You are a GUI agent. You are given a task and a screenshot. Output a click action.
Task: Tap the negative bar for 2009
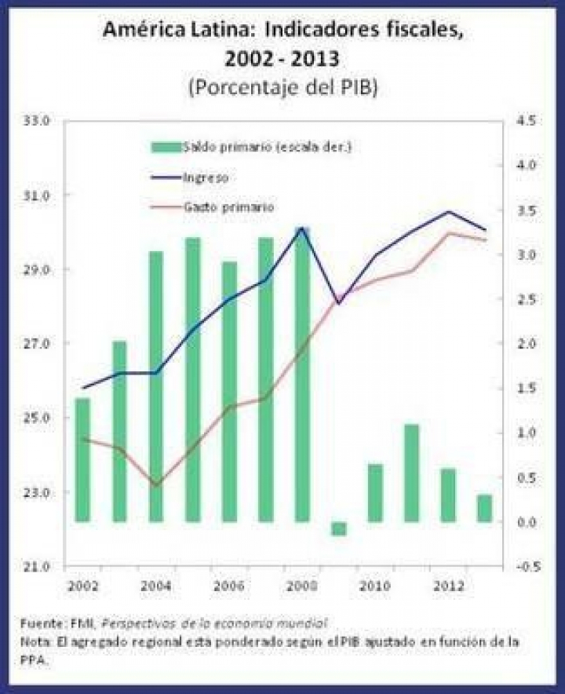(x=339, y=528)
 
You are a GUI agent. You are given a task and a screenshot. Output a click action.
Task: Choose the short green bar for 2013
(x=484, y=508)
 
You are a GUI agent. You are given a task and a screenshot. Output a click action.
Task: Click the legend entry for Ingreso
(x=205, y=177)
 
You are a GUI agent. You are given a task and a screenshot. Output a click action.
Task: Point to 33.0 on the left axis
(x=38, y=121)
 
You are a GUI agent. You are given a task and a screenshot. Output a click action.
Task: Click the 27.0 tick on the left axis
(x=38, y=344)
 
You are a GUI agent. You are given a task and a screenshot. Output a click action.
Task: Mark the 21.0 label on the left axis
(x=38, y=567)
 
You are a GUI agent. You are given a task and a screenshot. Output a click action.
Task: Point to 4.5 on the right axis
(x=526, y=121)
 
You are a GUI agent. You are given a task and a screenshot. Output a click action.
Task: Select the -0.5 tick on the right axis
(x=524, y=567)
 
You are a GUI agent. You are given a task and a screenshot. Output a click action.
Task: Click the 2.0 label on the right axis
(x=526, y=344)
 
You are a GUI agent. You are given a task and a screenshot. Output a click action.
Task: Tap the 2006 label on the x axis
(x=228, y=586)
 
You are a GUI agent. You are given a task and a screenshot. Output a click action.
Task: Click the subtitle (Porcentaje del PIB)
(x=282, y=86)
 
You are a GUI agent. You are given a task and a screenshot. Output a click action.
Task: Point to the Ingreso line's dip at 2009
(x=339, y=303)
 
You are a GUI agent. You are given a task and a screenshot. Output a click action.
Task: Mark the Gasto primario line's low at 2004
(x=156, y=486)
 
